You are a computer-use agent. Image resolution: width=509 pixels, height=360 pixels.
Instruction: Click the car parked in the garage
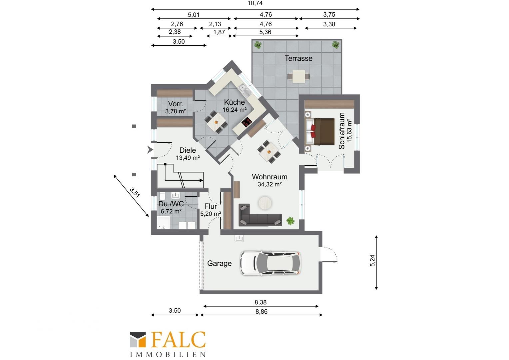tap(270, 263)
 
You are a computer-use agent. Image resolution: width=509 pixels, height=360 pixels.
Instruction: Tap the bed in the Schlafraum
tap(320, 131)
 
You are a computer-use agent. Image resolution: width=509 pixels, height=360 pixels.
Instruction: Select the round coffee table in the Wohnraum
tap(265, 203)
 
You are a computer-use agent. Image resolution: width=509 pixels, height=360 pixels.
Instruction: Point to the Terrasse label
tap(298, 58)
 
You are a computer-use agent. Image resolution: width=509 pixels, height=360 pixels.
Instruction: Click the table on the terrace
tap(298, 76)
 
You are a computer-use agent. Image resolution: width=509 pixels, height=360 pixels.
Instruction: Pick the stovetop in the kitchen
tap(247, 122)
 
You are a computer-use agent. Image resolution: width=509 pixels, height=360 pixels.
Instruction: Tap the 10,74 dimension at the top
tap(255, 3)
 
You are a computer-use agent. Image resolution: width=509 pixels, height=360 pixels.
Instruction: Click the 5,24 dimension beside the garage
tap(372, 260)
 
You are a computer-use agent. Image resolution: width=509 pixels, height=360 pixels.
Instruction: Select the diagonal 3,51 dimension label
tap(135, 192)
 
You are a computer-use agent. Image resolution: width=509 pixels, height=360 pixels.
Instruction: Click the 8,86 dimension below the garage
tap(261, 312)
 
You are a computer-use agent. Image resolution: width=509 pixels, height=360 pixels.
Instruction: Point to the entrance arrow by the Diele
tap(150, 150)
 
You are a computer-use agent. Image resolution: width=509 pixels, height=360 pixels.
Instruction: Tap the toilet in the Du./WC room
tap(162, 196)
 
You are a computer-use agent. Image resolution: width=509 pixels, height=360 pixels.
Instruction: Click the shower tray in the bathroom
tap(163, 222)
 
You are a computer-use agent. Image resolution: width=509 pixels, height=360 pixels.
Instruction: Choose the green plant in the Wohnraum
tap(290, 221)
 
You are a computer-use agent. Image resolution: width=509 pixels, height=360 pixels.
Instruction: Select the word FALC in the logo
tap(178, 339)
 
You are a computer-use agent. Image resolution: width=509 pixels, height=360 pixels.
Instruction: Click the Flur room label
tap(211, 206)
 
